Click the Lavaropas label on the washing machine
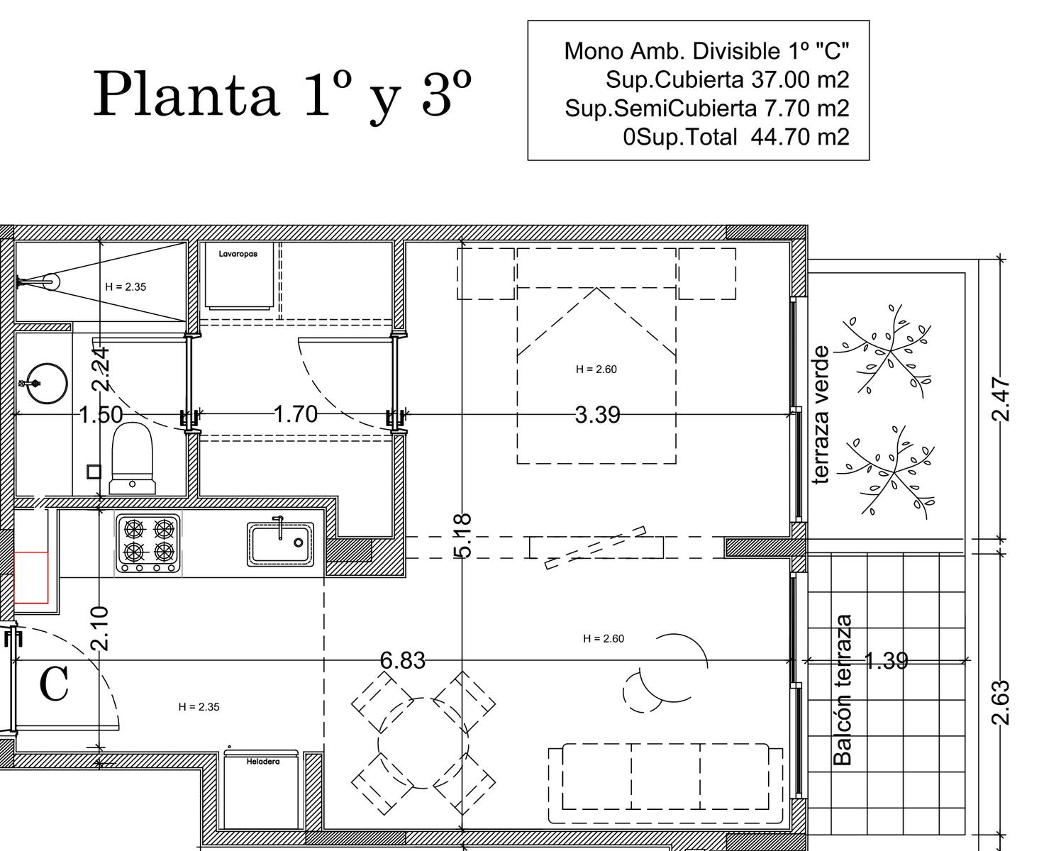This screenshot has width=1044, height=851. coord(238,254)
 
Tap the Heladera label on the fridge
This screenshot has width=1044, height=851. coord(263,762)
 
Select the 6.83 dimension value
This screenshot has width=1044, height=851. coord(402,660)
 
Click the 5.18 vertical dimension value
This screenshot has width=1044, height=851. coord(462,535)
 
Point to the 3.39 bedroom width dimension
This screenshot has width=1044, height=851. coord(597,415)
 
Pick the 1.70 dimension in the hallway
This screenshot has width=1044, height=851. coord(296,414)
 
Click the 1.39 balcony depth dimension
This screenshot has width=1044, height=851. coord(886,660)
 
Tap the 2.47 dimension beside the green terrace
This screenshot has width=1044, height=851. coord(1001,399)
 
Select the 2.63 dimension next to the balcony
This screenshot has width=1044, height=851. coord(1001,703)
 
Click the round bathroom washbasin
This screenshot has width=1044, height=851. coord(46,383)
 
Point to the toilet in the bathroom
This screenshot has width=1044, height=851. coord(132,458)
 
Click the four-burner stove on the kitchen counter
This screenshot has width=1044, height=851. coord(148,543)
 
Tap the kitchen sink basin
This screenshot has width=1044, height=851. coord(281,543)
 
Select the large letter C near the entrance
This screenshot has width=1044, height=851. coord(53,684)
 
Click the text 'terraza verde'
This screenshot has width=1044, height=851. coord(821,415)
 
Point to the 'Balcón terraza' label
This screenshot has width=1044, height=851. coord(842,690)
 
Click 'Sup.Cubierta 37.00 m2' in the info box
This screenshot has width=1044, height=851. coord(727,79)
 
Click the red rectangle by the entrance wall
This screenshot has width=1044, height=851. coord(30,578)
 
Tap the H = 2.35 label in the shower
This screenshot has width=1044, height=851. coord(126,287)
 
